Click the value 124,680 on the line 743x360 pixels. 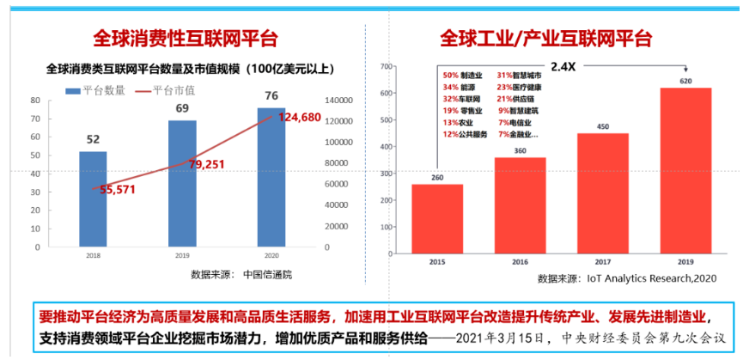299,117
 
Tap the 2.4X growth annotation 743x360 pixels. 563,66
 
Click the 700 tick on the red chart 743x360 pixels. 386,66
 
